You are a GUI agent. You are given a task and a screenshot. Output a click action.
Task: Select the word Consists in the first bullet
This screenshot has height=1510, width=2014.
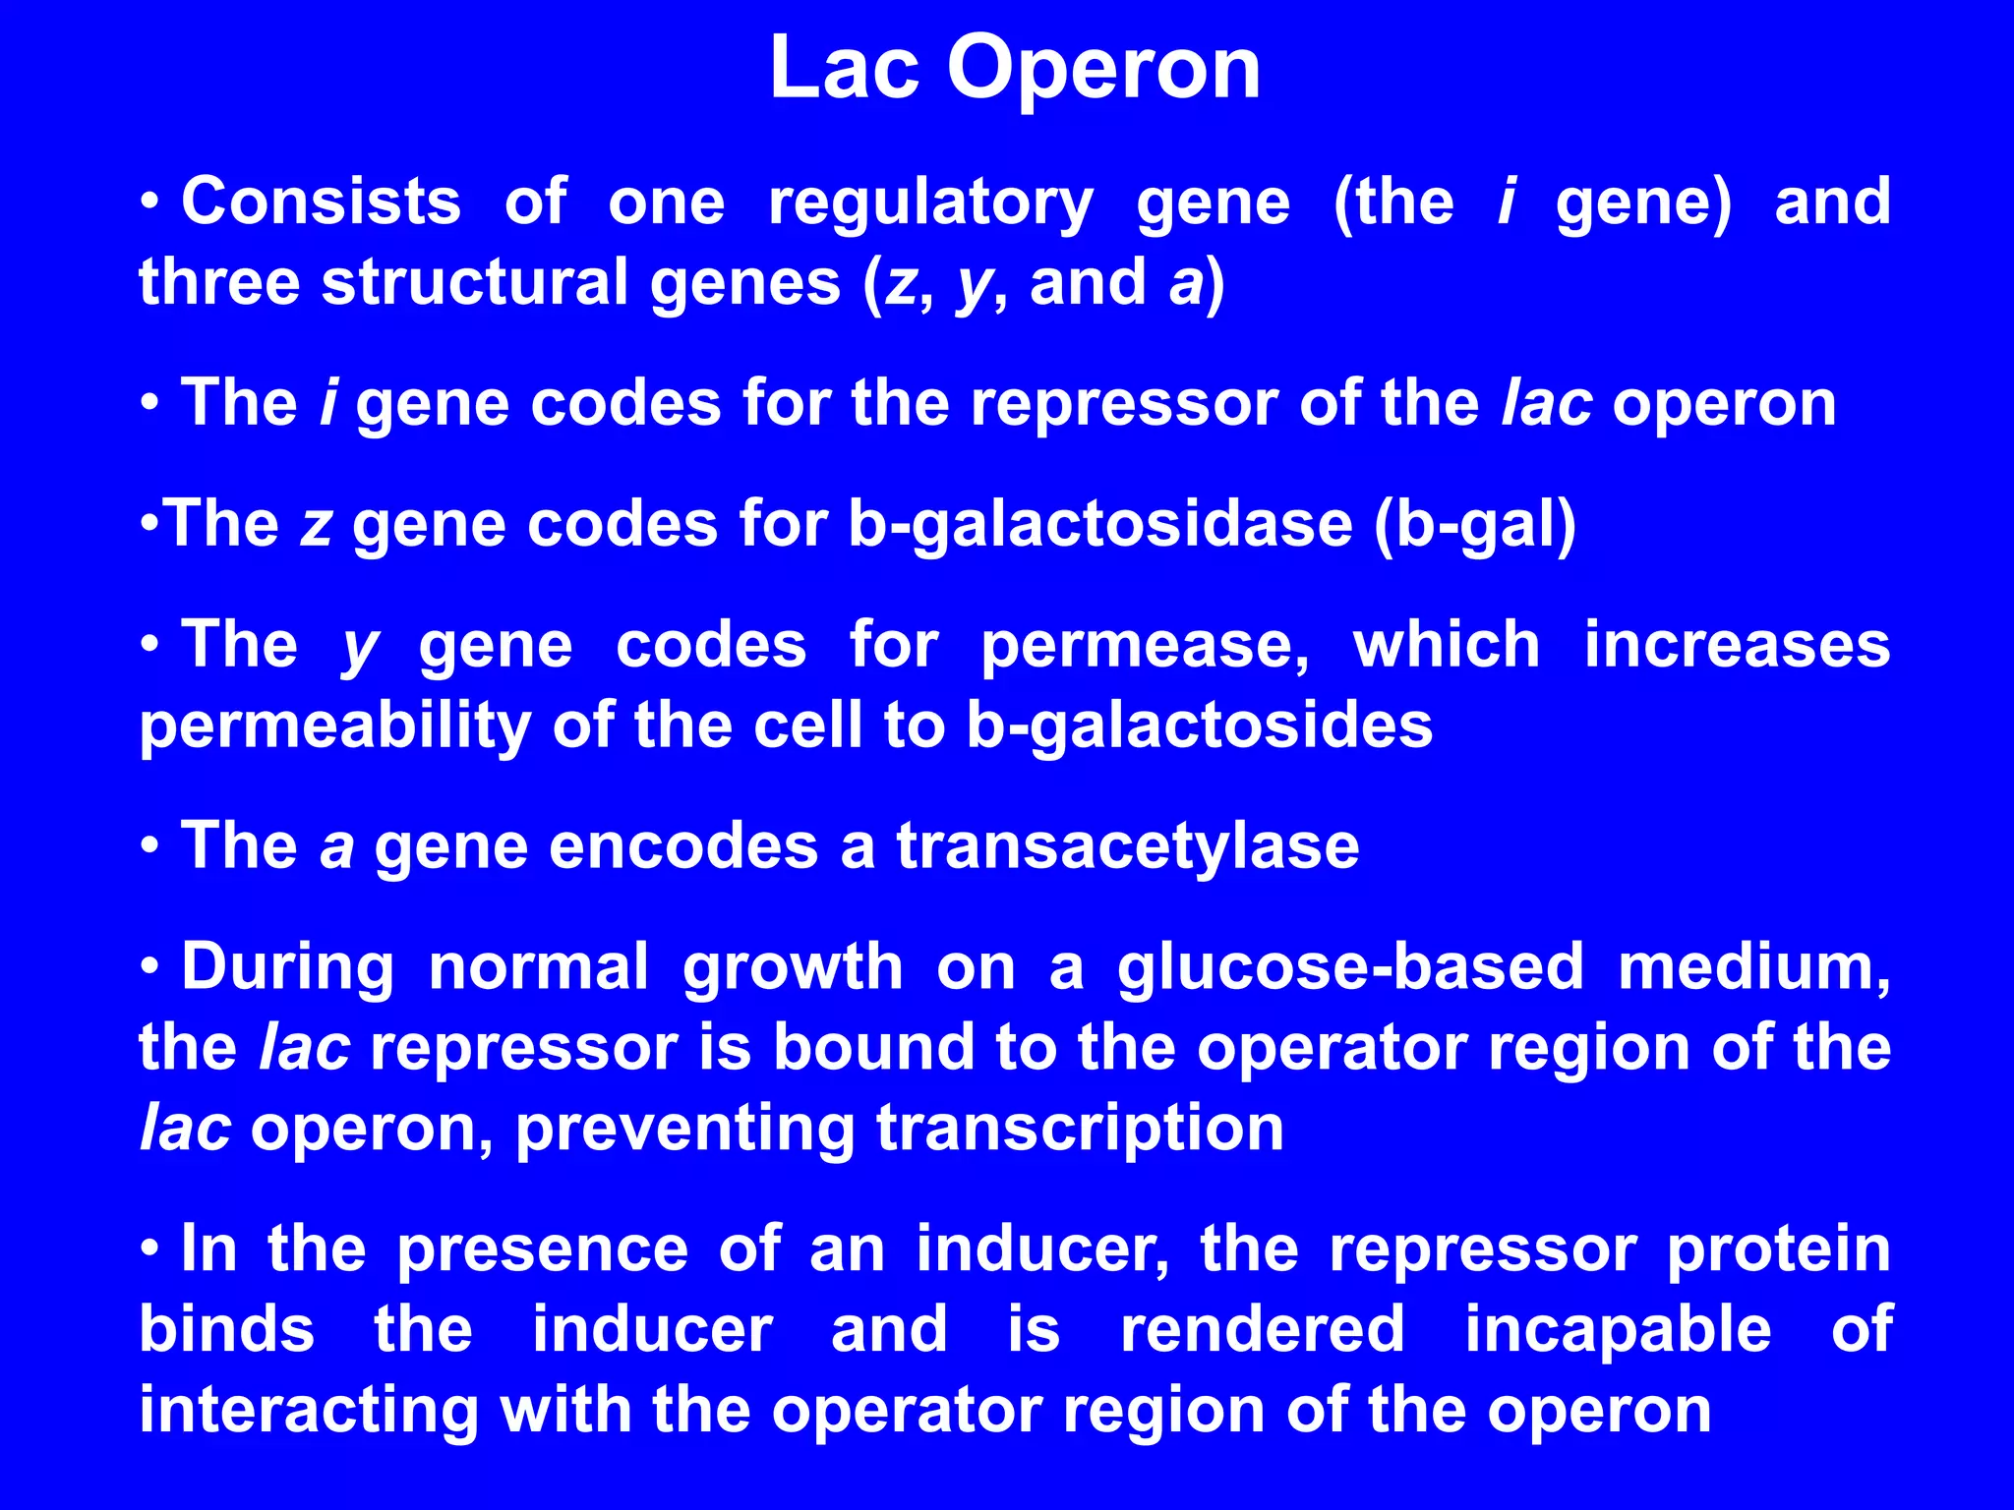pyautogui.click(x=321, y=202)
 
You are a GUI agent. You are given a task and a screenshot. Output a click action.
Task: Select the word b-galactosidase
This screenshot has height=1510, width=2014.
pyautogui.click(x=1099, y=525)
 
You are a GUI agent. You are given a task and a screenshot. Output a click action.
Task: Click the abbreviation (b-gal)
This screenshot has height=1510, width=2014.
pyautogui.click(x=1474, y=525)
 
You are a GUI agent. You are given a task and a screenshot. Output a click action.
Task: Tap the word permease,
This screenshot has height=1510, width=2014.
pyautogui.click(x=1145, y=648)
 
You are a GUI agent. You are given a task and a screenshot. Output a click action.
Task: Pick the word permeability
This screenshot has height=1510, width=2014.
pyautogui.click(x=334, y=727)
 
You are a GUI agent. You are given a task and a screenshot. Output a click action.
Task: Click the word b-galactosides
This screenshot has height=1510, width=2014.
pyautogui.click(x=1199, y=727)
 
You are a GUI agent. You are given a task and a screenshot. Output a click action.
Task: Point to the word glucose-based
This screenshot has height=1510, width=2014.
pyautogui.click(x=1349, y=968)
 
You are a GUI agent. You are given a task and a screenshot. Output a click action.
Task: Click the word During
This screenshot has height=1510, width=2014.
pyautogui.click(x=287, y=968)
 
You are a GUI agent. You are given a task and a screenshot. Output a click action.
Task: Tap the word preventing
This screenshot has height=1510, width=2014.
pyautogui.click(x=684, y=1129)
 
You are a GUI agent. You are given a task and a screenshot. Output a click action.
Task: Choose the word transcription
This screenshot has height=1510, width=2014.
pyautogui.click(x=1080, y=1129)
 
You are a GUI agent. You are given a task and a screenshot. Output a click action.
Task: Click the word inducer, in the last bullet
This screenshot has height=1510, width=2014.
pyautogui.click(x=1043, y=1249)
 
